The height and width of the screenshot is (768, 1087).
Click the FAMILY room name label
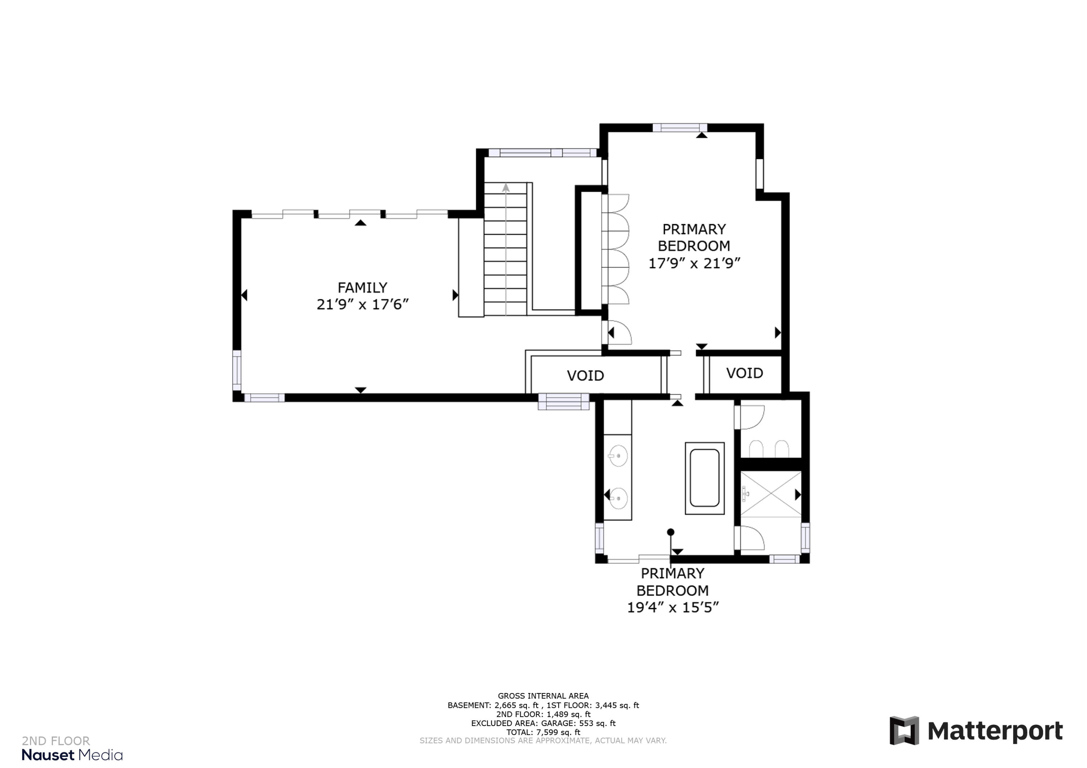tap(362, 288)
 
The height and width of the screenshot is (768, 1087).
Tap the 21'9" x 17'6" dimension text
tap(362, 304)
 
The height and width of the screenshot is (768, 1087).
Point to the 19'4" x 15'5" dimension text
tap(673, 607)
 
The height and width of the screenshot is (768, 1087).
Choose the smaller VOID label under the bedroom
tap(744, 373)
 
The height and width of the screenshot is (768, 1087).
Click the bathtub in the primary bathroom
tap(704, 478)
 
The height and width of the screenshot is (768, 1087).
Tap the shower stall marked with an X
tap(771, 494)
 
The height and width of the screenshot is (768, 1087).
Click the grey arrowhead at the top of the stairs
tap(505, 188)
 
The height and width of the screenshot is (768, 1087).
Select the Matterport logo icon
tap(904, 731)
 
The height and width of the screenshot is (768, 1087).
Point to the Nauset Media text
tap(72, 755)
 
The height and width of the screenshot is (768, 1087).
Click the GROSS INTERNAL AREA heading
tap(543, 696)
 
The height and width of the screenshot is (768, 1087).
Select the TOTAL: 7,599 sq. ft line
tap(543, 732)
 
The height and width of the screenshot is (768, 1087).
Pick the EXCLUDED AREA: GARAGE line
tap(543, 723)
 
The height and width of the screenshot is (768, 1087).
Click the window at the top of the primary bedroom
tap(680, 127)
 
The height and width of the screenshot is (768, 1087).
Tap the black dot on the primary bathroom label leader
tap(670, 532)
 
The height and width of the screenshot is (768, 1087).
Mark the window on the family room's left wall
tap(237, 370)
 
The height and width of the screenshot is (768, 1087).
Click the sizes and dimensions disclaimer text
tap(543, 740)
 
